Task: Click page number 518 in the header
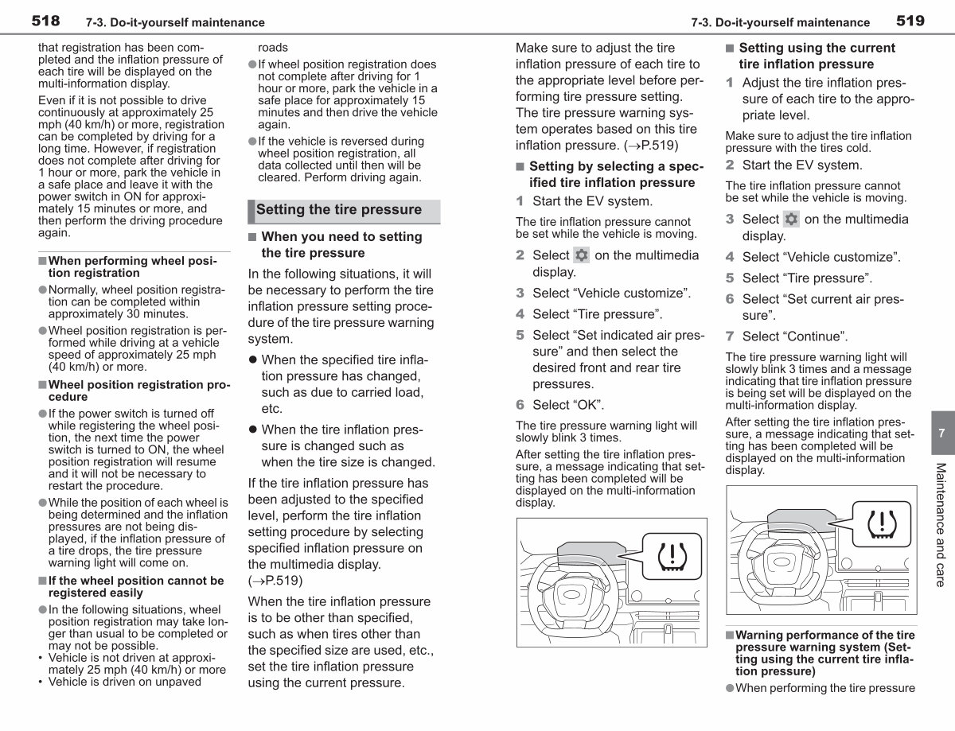pyautogui.click(x=45, y=21)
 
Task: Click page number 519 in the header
pyautogui.click(x=910, y=21)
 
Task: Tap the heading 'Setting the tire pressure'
pyautogui.click(x=339, y=209)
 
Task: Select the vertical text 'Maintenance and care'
pyautogui.click(x=941, y=525)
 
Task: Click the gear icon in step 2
pyautogui.click(x=581, y=255)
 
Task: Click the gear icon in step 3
pyautogui.click(x=791, y=219)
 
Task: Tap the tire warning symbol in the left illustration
pyautogui.click(x=672, y=556)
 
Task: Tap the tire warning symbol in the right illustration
pyautogui.click(x=882, y=524)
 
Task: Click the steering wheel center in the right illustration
pyautogui.click(x=782, y=562)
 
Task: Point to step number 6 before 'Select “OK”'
pyautogui.click(x=520, y=405)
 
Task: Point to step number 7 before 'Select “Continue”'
pyautogui.click(x=730, y=336)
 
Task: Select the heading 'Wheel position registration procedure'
pyautogui.click(x=139, y=391)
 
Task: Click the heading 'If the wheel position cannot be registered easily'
pyautogui.click(x=136, y=586)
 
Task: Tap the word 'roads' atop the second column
pyautogui.click(x=272, y=48)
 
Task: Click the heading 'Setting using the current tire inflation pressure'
pyautogui.click(x=817, y=56)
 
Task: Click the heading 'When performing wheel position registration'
pyautogui.click(x=133, y=267)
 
